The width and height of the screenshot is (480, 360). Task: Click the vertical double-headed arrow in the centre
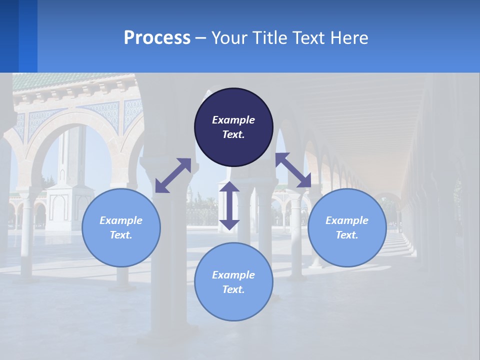229,205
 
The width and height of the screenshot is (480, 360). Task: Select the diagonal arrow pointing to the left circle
173,175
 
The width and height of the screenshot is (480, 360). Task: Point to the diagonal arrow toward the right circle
293,170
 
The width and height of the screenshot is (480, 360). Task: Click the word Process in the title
157,37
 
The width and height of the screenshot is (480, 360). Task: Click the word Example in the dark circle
233,120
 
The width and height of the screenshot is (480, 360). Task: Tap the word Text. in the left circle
121,235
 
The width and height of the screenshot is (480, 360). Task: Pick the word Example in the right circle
347,220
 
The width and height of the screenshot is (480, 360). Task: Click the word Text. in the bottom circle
233,289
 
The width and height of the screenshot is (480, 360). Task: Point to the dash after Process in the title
201,38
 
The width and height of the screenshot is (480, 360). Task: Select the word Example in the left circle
121,220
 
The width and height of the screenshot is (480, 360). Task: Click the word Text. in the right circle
347,235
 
